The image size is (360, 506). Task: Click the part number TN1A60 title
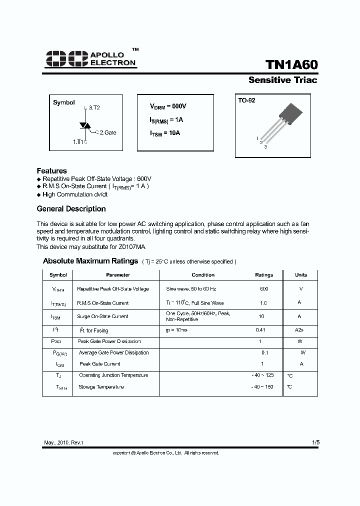coord(291,65)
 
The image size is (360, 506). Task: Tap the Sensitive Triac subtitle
coord(282,80)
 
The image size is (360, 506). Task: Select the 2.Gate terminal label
coord(106,132)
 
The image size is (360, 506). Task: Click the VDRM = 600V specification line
coord(168,106)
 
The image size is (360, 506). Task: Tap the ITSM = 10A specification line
coord(165,133)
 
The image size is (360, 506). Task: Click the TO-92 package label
coord(246,100)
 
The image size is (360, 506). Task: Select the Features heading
coord(51,170)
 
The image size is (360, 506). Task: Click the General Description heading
coord(71,209)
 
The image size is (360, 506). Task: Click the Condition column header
coord(203,275)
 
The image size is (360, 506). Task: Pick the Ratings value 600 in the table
coord(264,289)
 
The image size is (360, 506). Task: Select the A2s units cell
coord(299,330)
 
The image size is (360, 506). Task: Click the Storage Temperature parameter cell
coord(100,387)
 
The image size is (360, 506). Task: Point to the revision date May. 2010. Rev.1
coord(63,443)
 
